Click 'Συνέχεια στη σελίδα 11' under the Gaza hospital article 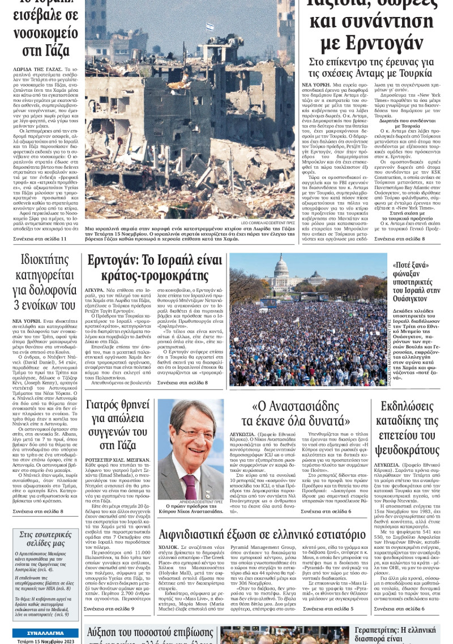[40, 239]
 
